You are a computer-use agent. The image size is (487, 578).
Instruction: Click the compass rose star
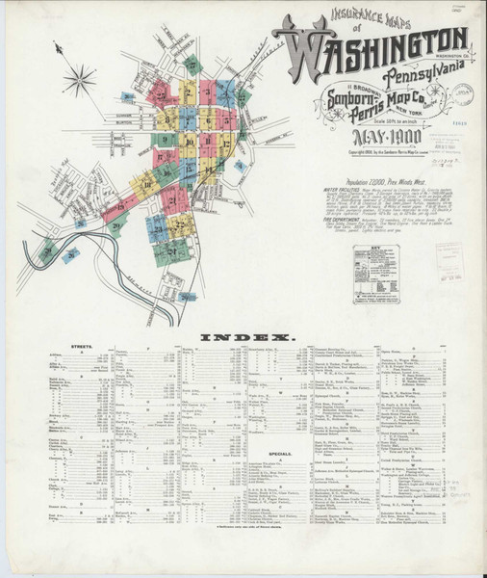coord(79,79)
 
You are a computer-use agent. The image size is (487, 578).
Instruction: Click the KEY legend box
coord(375,274)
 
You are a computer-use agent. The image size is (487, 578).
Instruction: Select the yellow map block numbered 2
coord(185,96)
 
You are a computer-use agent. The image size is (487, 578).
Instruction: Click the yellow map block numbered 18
coord(148,184)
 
